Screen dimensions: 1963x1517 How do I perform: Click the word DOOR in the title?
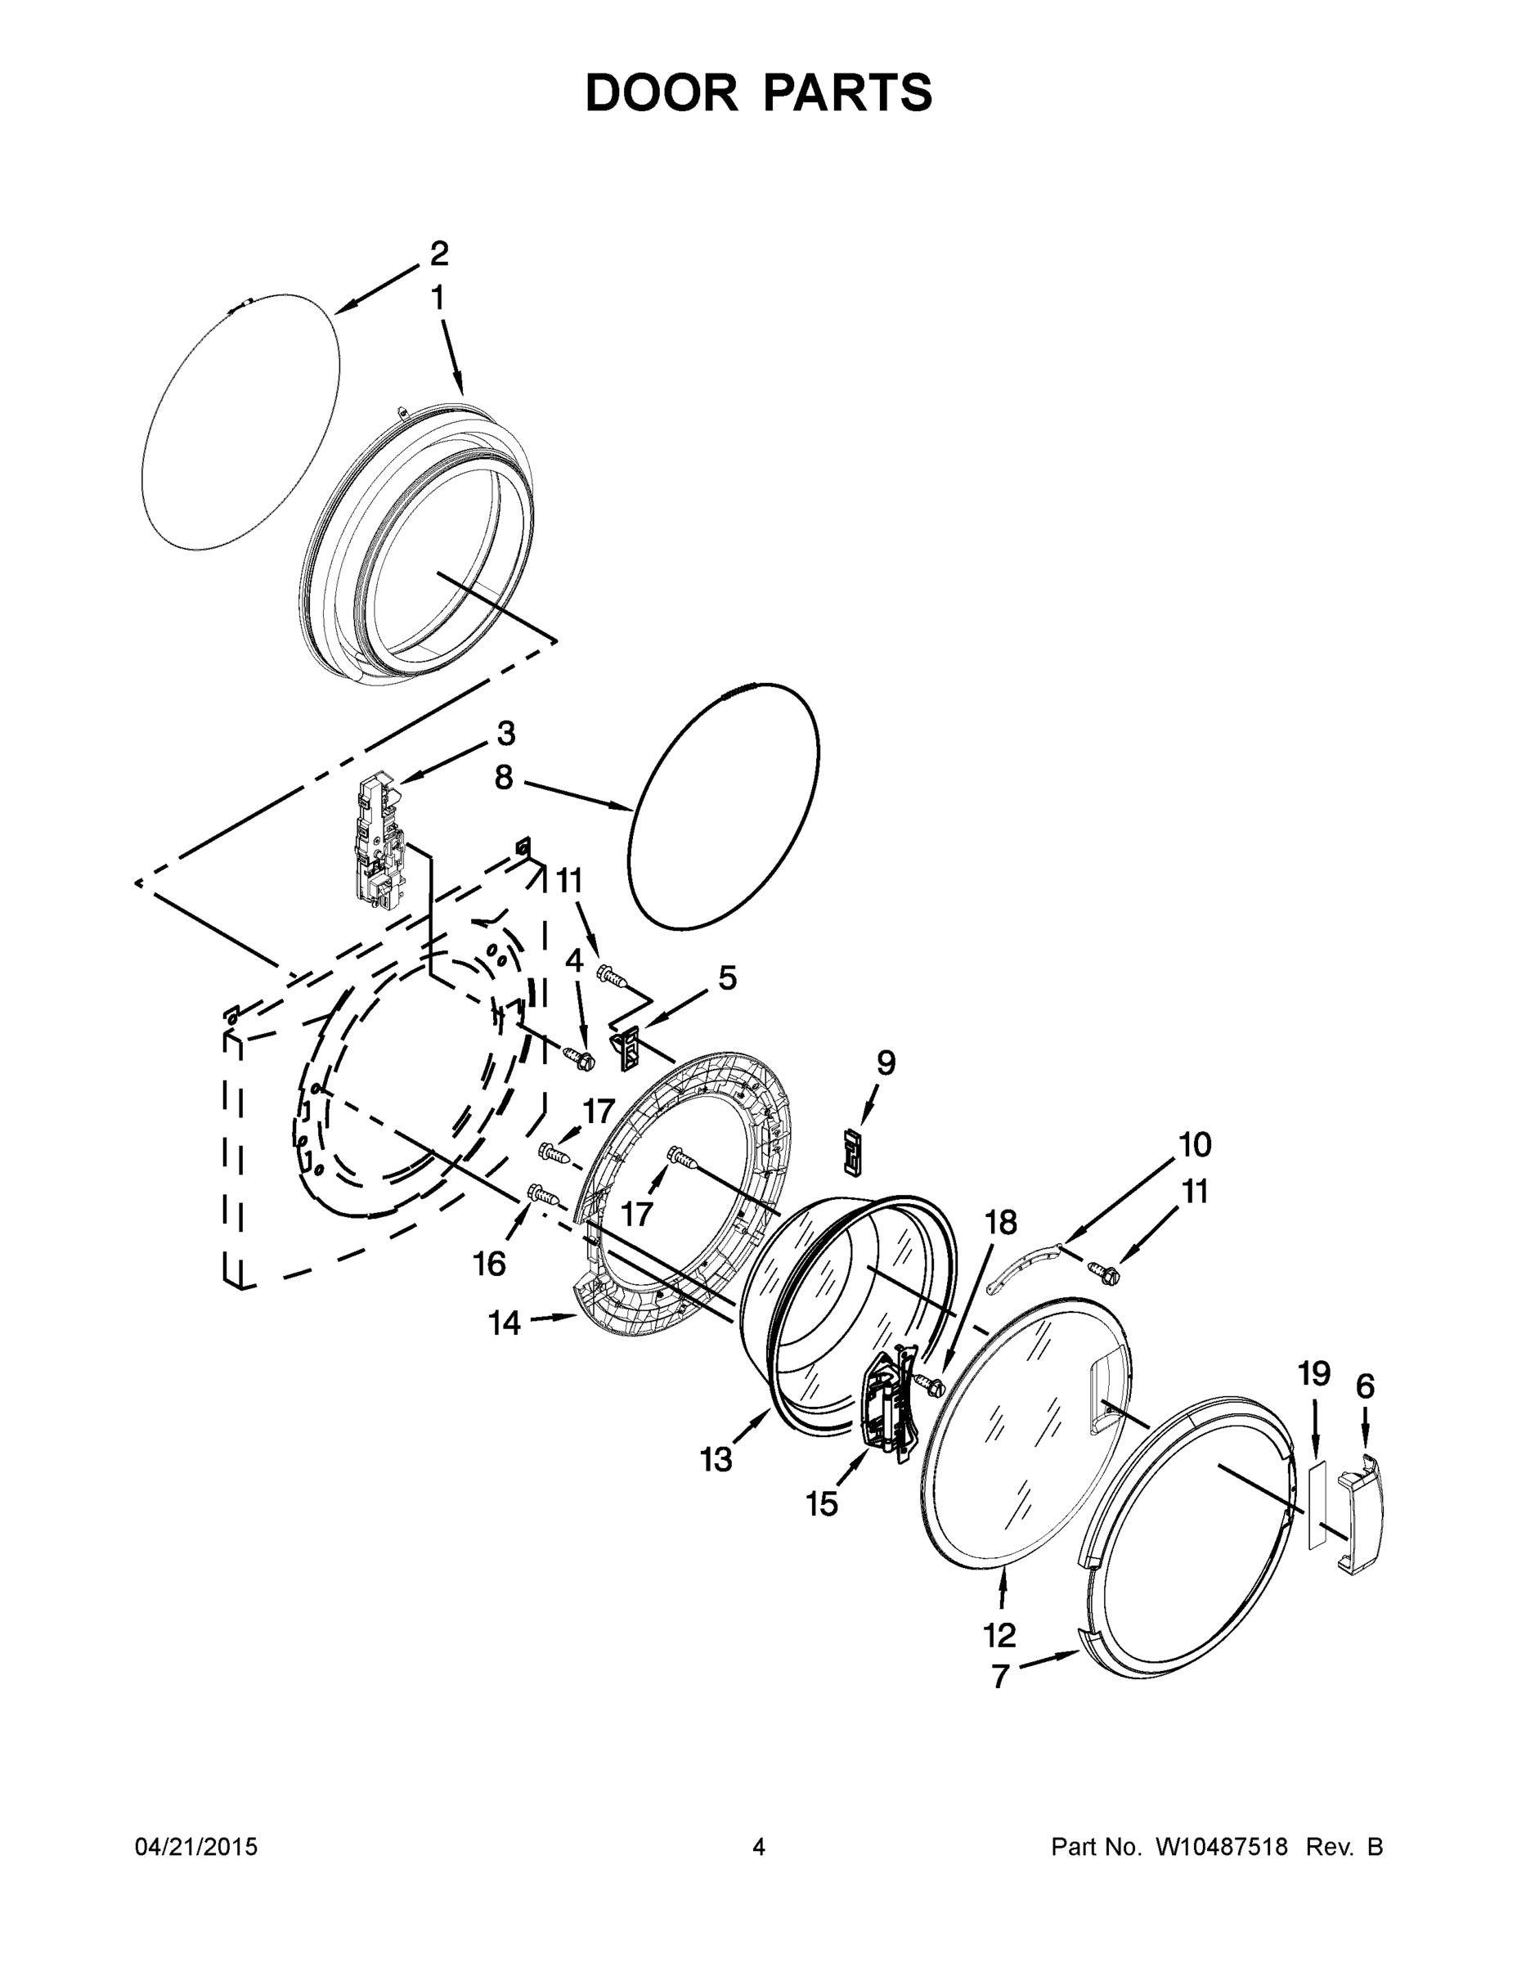[661, 92]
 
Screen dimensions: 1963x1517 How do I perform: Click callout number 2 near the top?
[438, 254]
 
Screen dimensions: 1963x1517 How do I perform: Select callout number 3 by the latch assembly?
[506, 734]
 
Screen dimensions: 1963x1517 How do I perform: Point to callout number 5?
[726, 978]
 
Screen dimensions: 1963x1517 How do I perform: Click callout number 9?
[885, 1063]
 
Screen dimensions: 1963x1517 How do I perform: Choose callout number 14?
[505, 1322]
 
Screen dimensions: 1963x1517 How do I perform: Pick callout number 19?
[1313, 1373]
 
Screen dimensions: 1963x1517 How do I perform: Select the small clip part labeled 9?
[852, 1152]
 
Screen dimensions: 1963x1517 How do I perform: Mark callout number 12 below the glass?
[999, 1635]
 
